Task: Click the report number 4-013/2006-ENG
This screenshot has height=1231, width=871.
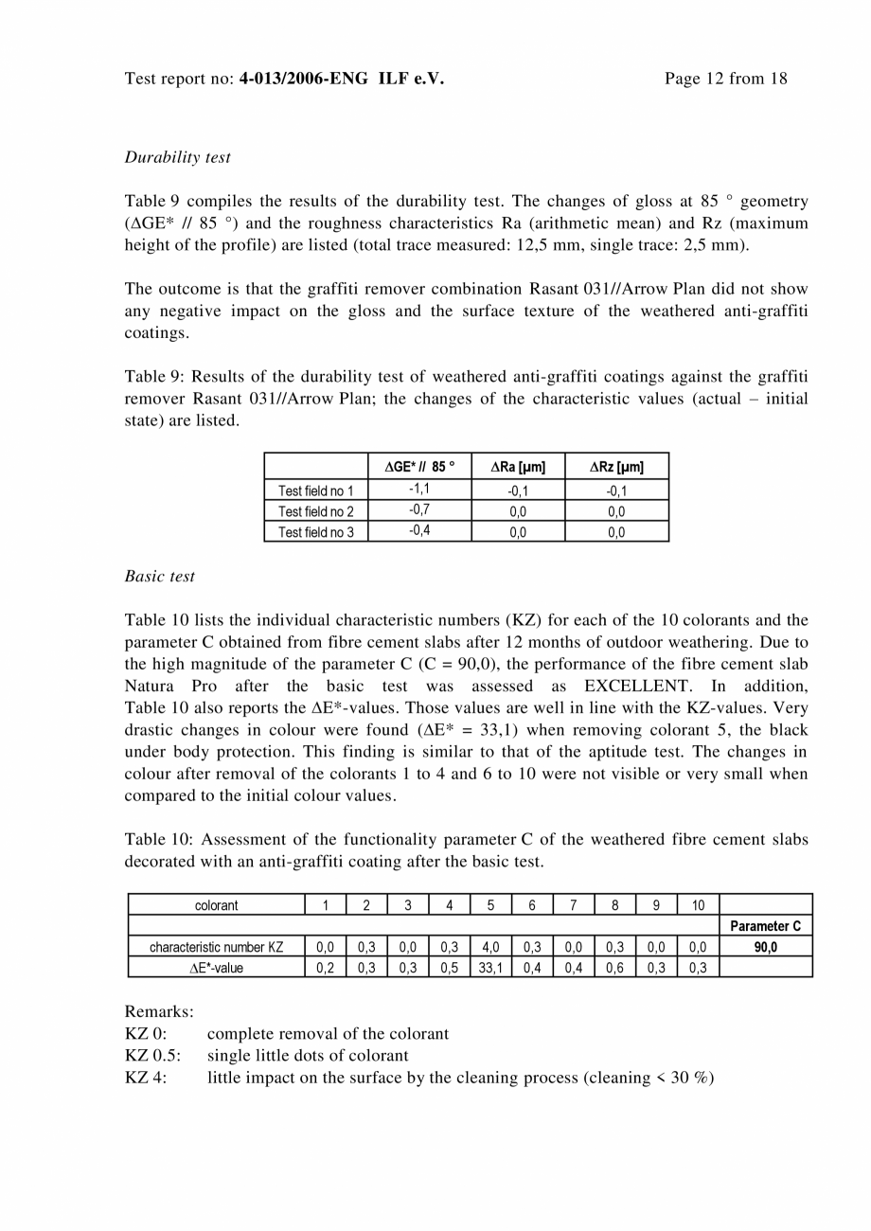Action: (x=306, y=79)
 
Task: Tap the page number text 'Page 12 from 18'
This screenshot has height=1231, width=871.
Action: (x=725, y=79)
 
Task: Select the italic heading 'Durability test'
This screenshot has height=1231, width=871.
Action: (x=177, y=157)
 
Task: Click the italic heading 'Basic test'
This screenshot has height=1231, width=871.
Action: (x=160, y=576)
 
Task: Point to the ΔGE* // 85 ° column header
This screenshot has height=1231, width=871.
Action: (x=419, y=466)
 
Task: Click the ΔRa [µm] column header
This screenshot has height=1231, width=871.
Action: (x=518, y=466)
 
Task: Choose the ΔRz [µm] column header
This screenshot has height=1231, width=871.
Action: (x=616, y=466)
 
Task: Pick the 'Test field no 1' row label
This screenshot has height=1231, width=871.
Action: (x=315, y=491)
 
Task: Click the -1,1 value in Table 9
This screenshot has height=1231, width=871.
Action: (x=419, y=489)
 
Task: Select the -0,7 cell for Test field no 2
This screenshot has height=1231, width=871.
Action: (x=419, y=509)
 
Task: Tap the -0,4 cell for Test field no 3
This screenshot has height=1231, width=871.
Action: (x=419, y=530)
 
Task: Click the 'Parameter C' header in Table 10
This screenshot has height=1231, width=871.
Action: (x=765, y=926)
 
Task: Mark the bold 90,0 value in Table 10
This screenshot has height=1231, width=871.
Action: (x=765, y=946)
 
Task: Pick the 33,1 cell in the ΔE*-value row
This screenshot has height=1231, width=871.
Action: (x=490, y=967)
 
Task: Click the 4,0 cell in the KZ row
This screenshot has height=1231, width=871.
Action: (x=490, y=946)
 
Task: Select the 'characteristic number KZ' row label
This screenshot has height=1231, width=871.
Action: (x=216, y=946)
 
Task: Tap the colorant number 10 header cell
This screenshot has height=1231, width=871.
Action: (x=698, y=905)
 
